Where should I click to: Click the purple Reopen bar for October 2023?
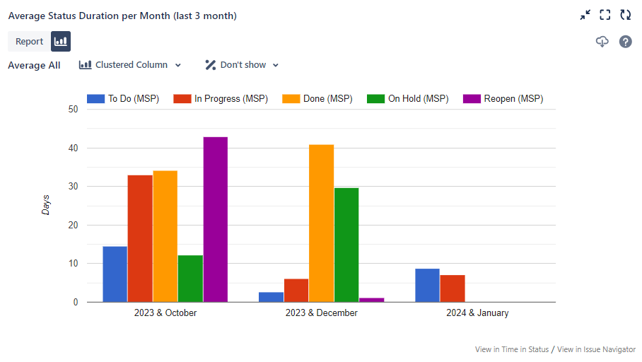215,219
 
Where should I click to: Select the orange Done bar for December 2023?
321,223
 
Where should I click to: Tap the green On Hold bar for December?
346,245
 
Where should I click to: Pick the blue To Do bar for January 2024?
427,285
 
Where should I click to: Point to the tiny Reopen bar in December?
371,300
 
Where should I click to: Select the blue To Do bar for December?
271,297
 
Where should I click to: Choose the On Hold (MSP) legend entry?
408,99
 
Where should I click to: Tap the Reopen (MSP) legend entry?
503,99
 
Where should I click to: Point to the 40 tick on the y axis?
73,148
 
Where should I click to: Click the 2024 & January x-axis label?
477,313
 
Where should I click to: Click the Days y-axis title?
46,205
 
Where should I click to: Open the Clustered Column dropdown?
130,65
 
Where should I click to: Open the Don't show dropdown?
242,65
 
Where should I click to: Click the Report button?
30,42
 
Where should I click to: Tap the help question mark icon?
626,42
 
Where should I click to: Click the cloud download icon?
602,42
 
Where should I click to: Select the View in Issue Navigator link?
596,349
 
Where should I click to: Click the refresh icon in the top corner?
626,15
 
